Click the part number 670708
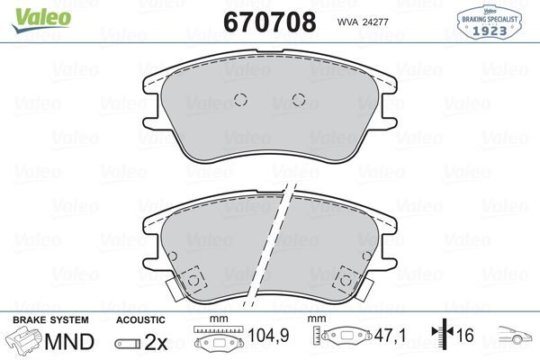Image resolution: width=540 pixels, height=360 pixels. coord(270,22)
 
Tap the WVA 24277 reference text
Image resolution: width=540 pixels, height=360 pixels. coord(363,22)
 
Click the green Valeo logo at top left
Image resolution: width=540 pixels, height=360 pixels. coord(41,19)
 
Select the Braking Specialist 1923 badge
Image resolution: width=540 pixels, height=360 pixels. coord(489,22)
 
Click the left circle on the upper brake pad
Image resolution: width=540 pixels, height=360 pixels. coord(240,100)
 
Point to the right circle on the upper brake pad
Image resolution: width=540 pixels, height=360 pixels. coord(299,100)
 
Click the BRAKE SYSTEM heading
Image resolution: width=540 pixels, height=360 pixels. coord(50,320)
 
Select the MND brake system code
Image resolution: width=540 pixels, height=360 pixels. coord(69,342)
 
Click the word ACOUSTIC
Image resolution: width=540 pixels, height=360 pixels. coord(140,320)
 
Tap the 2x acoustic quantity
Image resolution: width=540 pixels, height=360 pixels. coord(156,342)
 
